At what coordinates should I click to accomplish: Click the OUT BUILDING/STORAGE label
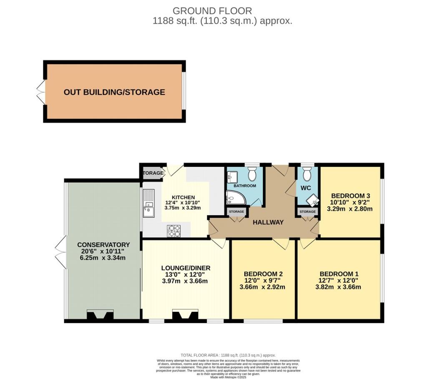coord(114,92)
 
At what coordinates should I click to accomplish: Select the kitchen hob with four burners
coord(174,231)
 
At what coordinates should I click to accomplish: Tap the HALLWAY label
coord(268,222)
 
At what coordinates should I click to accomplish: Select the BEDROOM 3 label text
coord(350,195)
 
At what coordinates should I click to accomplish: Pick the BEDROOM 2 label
coord(263,274)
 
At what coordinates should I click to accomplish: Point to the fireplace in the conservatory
coord(100,316)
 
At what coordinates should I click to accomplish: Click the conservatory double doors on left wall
coord(59,251)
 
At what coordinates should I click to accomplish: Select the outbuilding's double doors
coord(40,92)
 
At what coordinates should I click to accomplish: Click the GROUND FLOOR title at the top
coord(212,11)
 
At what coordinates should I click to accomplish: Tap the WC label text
coord(306,188)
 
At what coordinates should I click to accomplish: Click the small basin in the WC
coord(313,201)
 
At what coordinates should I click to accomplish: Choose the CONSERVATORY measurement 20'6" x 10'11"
coord(103,251)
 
